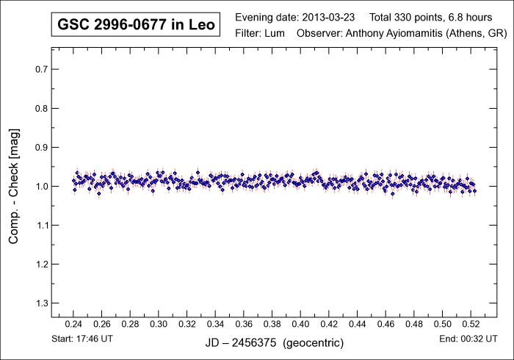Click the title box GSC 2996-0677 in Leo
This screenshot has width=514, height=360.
(135, 26)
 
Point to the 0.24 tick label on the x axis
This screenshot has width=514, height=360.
(73, 324)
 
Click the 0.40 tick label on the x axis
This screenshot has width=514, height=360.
(301, 324)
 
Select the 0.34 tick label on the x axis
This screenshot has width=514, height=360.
(216, 324)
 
